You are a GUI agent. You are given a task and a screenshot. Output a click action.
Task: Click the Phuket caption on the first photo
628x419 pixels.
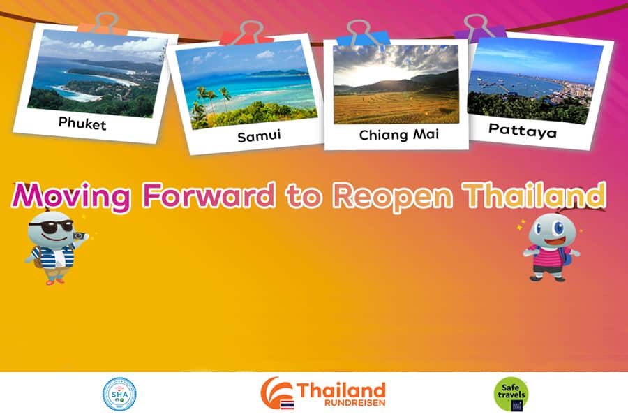point(82,124)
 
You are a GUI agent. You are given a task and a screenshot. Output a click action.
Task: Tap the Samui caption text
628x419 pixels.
point(259,136)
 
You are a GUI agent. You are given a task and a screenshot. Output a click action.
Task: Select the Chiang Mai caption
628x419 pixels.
point(399,135)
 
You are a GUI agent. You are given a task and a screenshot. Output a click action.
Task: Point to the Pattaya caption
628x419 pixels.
point(523,131)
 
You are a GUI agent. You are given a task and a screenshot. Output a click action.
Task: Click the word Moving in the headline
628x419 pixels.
point(72,197)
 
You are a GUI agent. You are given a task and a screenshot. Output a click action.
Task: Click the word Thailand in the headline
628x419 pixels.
point(534,195)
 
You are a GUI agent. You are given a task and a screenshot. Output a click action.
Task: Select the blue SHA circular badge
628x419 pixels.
point(119,394)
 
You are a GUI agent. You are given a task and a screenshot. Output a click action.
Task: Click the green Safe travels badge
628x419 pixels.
point(511,395)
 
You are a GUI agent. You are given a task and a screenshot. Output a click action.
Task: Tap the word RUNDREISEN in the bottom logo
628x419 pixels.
point(355,402)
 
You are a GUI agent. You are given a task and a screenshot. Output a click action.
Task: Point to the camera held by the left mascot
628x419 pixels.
point(80,236)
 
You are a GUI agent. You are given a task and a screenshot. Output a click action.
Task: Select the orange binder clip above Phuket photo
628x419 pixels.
point(103,24)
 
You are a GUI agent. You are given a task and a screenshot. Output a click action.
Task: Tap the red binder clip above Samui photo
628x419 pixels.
point(247,34)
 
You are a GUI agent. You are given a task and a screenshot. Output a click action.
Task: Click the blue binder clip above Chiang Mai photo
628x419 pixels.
point(362,34)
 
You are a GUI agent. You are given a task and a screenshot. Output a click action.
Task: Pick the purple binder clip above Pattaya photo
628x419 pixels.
point(480,28)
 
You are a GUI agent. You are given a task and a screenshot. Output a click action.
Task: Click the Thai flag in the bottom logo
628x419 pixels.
point(287,404)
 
